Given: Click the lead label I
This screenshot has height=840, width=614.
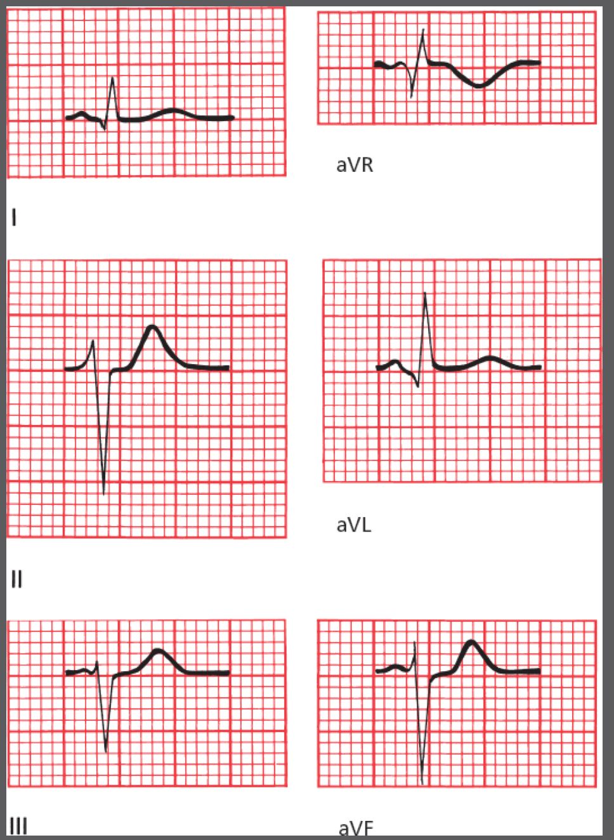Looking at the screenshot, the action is click(x=14, y=218).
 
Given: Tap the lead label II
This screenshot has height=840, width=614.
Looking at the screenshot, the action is click(x=17, y=579).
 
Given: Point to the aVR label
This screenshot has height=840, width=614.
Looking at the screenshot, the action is click(x=355, y=165).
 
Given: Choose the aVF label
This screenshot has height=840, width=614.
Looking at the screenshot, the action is click(x=355, y=830).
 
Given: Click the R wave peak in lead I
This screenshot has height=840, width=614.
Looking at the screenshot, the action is click(x=113, y=78).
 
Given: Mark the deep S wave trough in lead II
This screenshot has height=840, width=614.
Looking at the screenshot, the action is click(x=104, y=494).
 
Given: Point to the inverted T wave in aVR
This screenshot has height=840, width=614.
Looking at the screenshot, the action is click(x=479, y=86).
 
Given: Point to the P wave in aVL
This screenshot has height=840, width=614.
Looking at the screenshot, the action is click(x=395, y=362).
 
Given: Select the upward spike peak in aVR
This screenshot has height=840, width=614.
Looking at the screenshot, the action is click(x=423, y=30).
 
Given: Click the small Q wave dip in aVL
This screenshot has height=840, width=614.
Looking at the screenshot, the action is click(x=417, y=386).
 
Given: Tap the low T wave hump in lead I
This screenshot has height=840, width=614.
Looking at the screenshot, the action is click(x=173, y=110).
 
